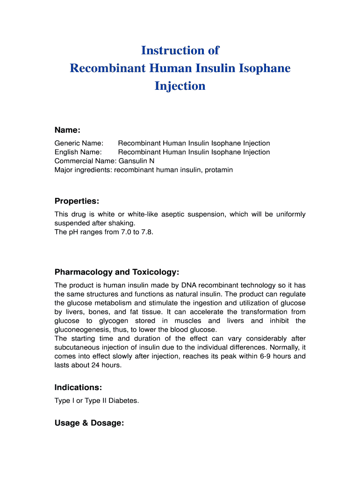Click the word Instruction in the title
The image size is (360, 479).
point(167,51)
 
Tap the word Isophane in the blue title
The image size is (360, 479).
point(265,68)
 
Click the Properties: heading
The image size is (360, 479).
point(77,201)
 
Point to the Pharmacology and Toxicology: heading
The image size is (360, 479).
point(117,272)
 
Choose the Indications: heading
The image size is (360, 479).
point(78,388)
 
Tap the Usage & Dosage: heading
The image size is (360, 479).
point(89,423)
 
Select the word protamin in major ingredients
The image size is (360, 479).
point(219,170)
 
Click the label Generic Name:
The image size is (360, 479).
point(79,143)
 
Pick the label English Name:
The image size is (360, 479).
point(78,152)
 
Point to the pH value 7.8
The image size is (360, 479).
point(146,232)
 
